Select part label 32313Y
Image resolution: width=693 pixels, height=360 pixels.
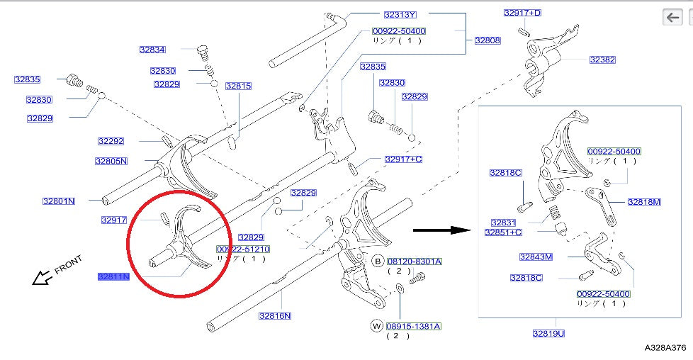pyautogui.click(x=400, y=14)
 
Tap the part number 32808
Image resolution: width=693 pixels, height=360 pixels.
pyautogui.click(x=488, y=40)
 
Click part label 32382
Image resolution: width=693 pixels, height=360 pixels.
pyautogui.click(x=602, y=60)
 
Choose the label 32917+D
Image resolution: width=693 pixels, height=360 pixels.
pyautogui.click(x=522, y=13)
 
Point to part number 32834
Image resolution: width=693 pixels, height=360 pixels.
pyautogui.click(x=152, y=50)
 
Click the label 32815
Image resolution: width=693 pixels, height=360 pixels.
pyautogui.click(x=239, y=86)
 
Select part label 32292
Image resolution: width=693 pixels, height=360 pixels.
pyautogui.click(x=111, y=141)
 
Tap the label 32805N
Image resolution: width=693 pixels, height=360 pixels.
pyautogui.click(x=111, y=161)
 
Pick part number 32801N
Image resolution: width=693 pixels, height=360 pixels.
pyautogui.click(x=58, y=201)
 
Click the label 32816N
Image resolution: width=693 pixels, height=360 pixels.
pyautogui.click(x=275, y=315)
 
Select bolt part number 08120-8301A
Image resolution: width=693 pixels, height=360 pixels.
pyautogui.click(x=414, y=261)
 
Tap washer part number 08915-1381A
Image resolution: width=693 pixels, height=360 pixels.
pyautogui.click(x=414, y=326)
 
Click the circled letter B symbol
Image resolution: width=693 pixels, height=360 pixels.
pyautogui.click(x=378, y=261)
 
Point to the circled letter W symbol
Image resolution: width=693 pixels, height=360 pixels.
pyautogui.click(x=377, y=326)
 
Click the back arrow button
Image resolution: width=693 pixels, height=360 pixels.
pyautogui.click(x=672, y=17)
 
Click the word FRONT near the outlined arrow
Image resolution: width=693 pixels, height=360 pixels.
pyautogui.click(x=68, y=265)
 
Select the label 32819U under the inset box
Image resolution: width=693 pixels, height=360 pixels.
pyautogui.click(x=548, y=332)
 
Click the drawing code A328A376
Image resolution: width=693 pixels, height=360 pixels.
pyautogui.click(x=665, y=347)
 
